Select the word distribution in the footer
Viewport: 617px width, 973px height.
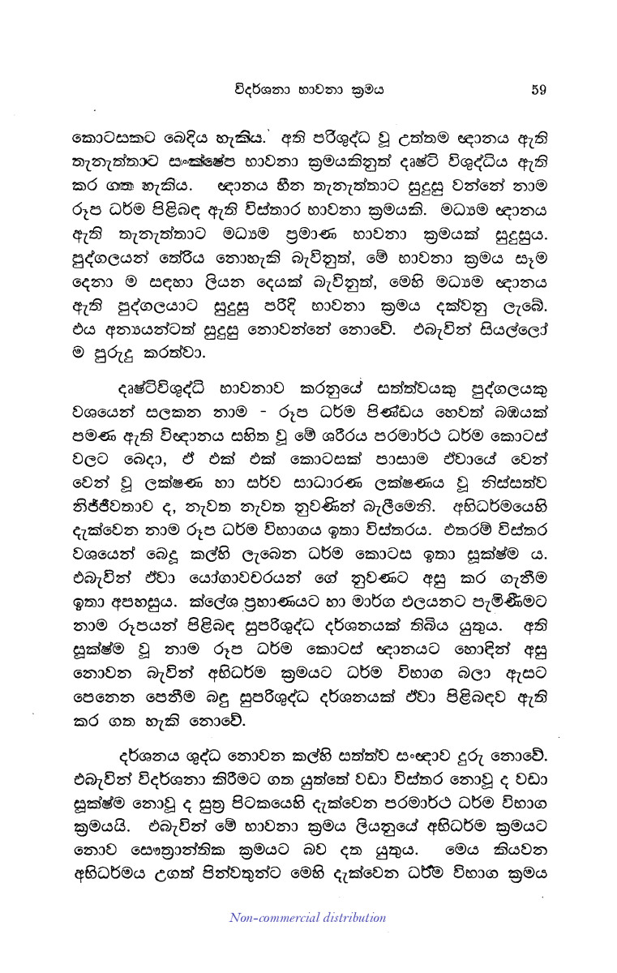coord(353,917)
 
